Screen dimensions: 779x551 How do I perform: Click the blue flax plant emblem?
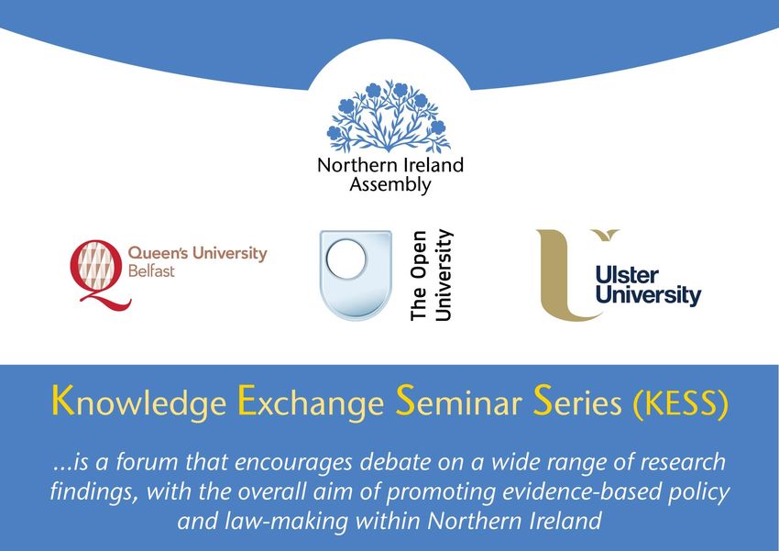click(x=388, y=116)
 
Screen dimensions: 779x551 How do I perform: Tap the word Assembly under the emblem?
click(x=390, y=185)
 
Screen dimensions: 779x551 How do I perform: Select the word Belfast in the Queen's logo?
click(x=151, y=271)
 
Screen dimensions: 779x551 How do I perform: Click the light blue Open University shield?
click(x=356, y=275)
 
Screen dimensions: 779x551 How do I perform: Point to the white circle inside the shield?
click(x=346, y=259)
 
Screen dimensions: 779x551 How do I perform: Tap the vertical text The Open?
click(x=418, y=276)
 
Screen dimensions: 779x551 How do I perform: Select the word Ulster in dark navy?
click(x=627, y=275)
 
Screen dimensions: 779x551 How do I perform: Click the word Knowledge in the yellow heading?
click(x=139, y=402)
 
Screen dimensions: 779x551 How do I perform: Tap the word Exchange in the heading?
click(x=311, y=401)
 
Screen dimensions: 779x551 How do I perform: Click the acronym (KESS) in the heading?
click(x=681, y=402)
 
